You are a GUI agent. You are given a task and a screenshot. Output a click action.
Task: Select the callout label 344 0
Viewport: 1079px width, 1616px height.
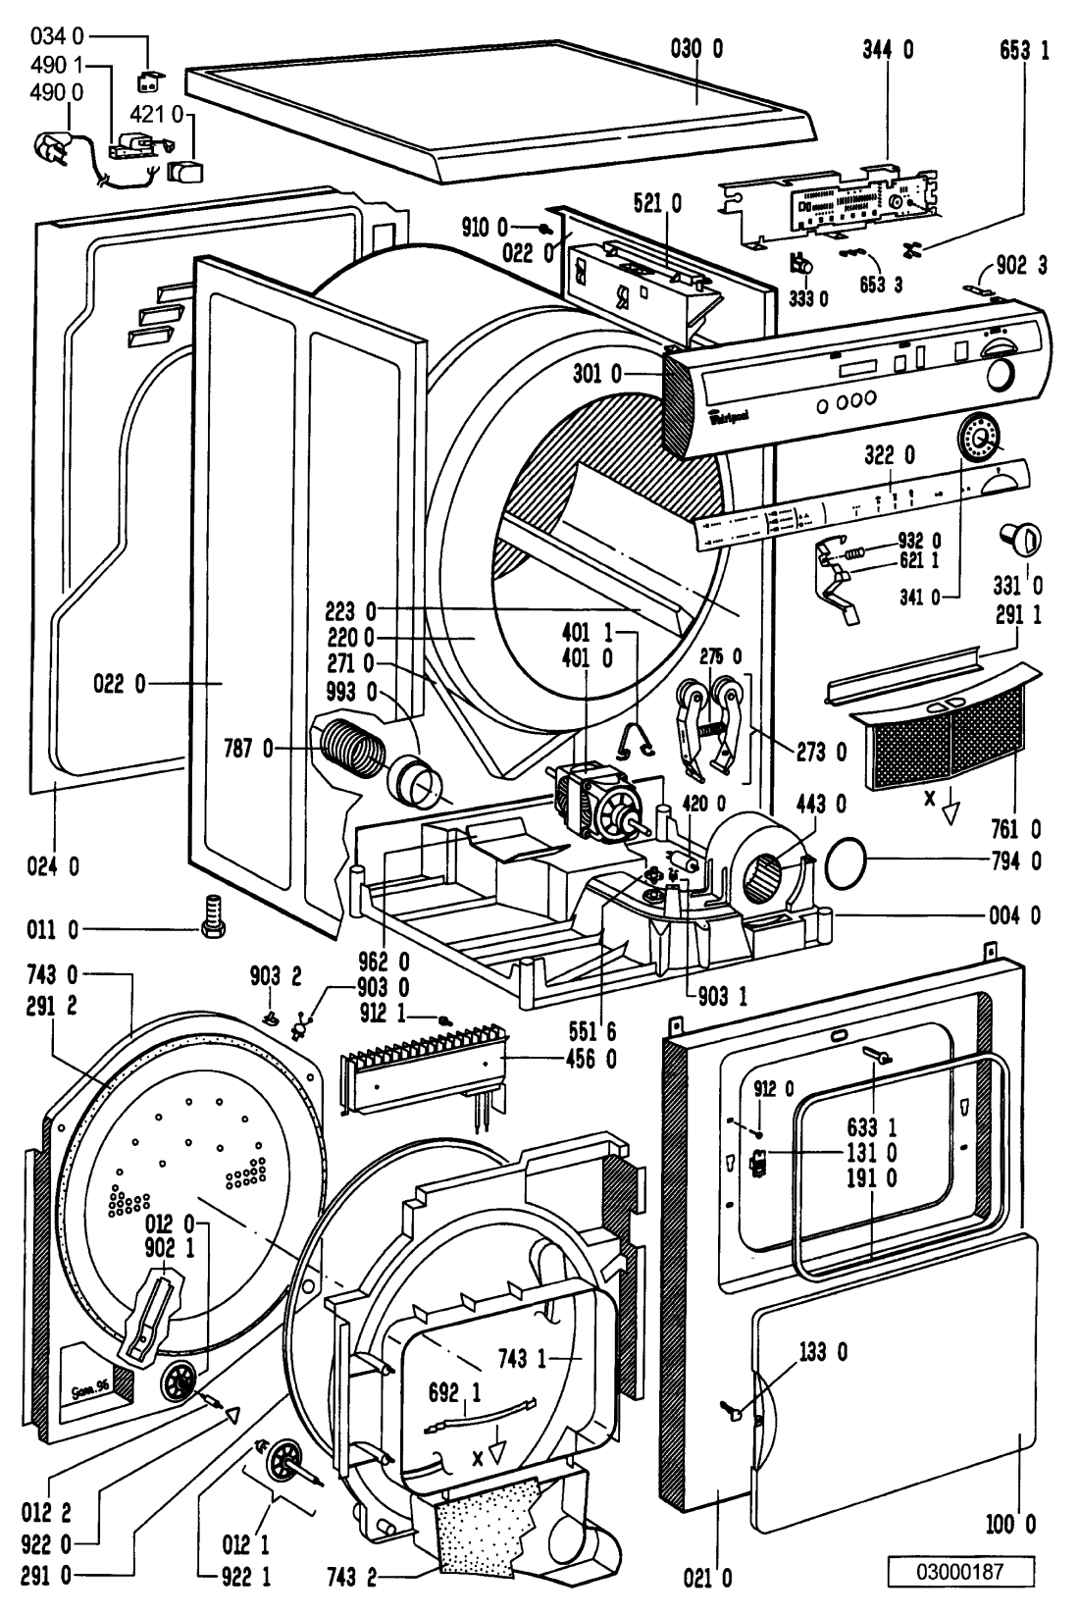tap(887, 49)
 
